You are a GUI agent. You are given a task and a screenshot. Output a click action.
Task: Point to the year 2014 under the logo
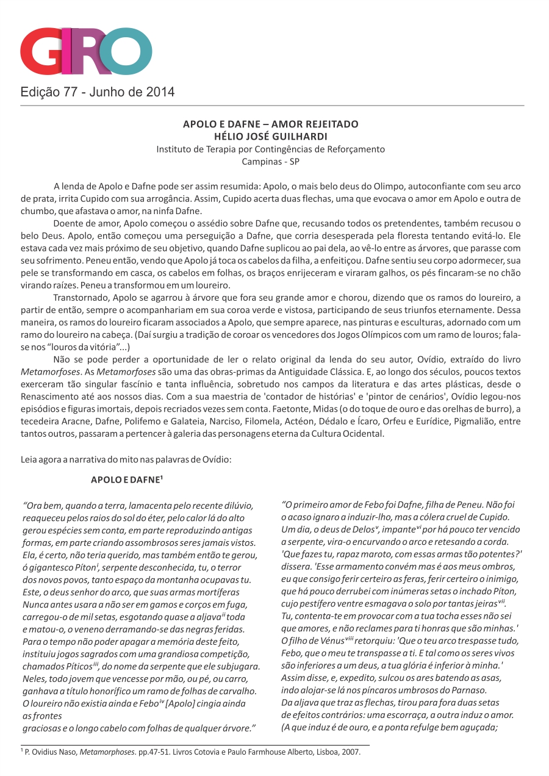(x=160, y=93)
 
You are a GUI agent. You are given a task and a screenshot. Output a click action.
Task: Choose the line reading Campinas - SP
(x=271, y=162)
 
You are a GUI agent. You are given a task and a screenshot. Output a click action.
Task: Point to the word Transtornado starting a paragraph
(x=82, y=297)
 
